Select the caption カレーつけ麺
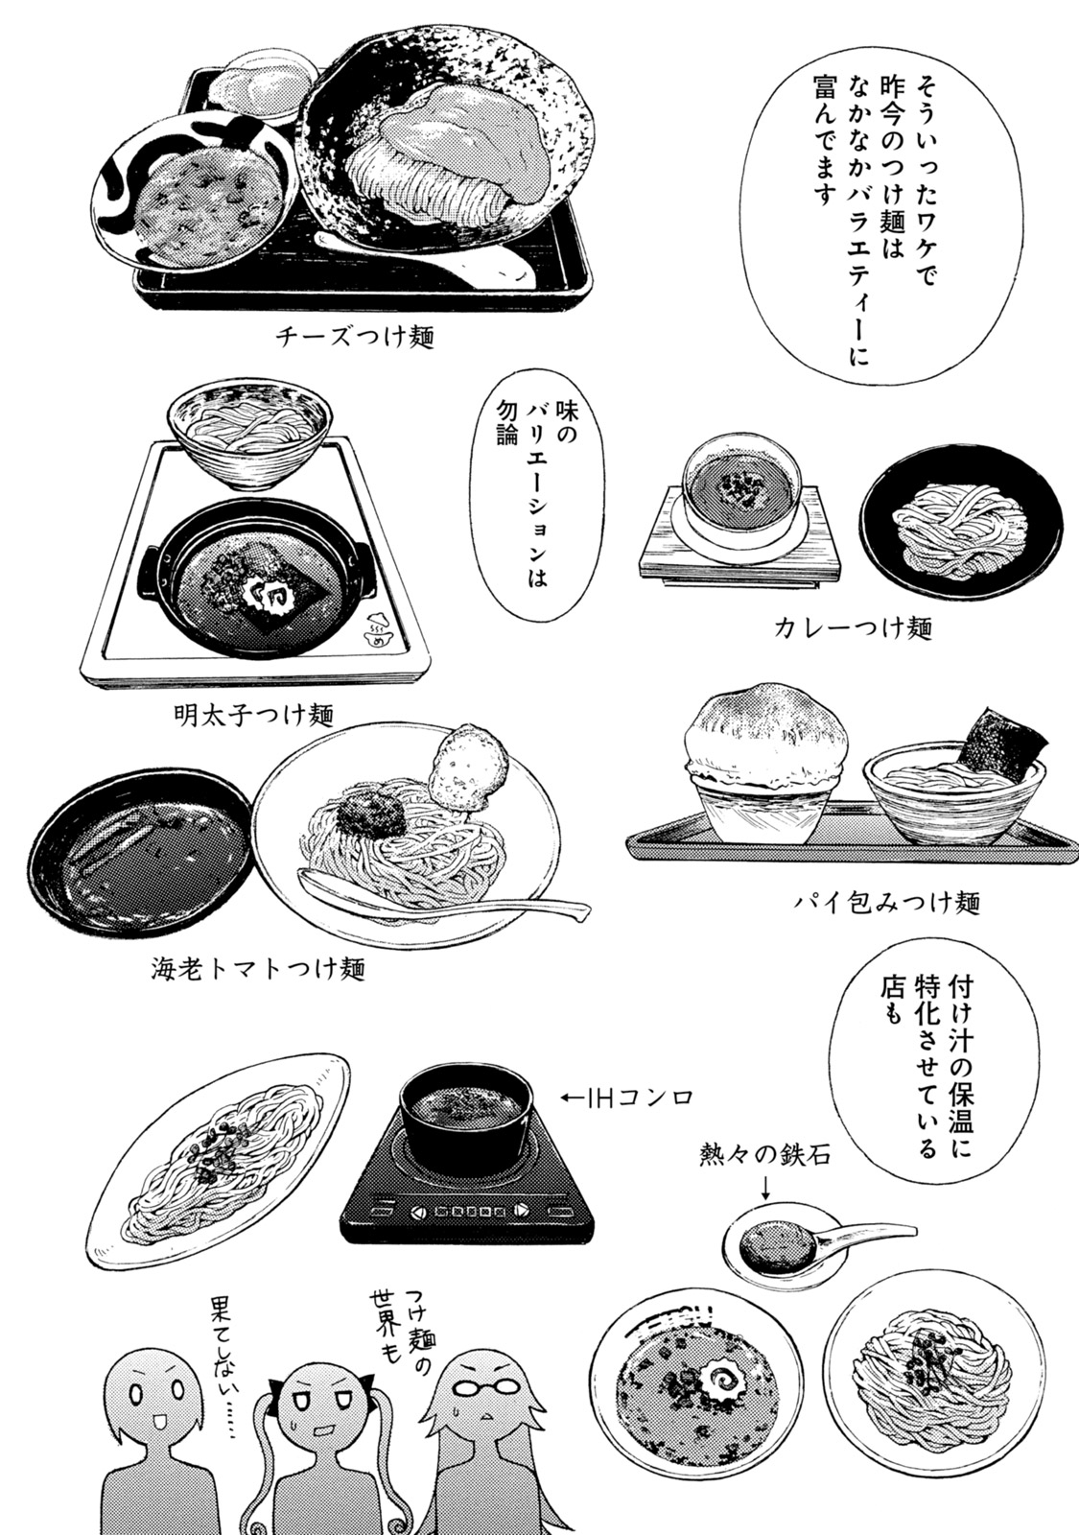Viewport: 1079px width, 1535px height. click(852, 628)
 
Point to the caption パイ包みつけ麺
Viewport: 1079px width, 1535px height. click(886, 903)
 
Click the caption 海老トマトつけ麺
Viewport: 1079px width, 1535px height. click(258, 968)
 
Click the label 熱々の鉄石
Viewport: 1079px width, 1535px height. click(764, 1157)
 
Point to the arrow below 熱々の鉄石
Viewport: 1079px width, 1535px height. click(765, 1191)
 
